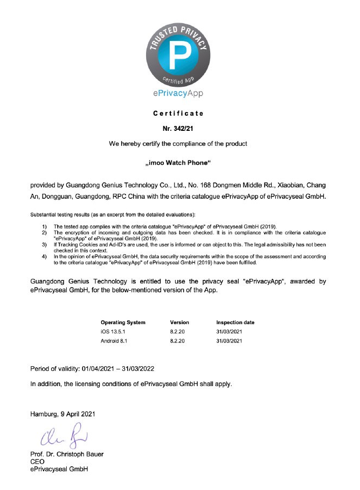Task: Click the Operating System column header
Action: (123, 322)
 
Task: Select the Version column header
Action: (179, 322)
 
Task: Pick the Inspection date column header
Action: (235, 322)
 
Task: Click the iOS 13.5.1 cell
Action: (114, 332)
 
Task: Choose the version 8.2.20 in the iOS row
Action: (178, 332)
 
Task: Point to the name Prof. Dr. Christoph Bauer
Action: (67, 453)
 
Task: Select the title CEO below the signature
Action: (38, 461)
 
